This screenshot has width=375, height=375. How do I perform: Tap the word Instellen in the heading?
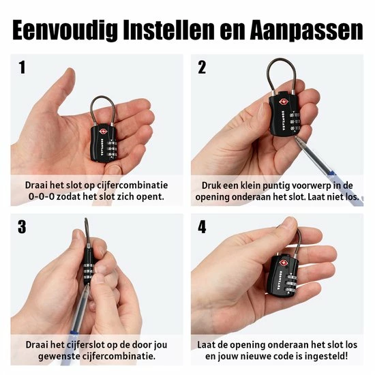coord(168,29)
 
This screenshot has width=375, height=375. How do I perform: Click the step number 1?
coord(22,67)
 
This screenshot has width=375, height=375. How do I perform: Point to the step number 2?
coord(202,67)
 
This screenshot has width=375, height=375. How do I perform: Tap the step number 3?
coord(22,227)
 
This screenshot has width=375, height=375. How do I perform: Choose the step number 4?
coord(202,227)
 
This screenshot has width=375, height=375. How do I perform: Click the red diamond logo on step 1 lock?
coord(104,132)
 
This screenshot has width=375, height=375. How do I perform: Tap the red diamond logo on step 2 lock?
coord(283,102)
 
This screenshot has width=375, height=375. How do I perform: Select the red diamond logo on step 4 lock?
coord(284,262)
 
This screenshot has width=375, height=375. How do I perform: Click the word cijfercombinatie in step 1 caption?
coord(132,185)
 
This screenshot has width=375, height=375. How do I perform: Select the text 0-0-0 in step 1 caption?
coord(41,196)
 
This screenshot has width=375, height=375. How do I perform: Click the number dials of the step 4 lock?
coord(290,284)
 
